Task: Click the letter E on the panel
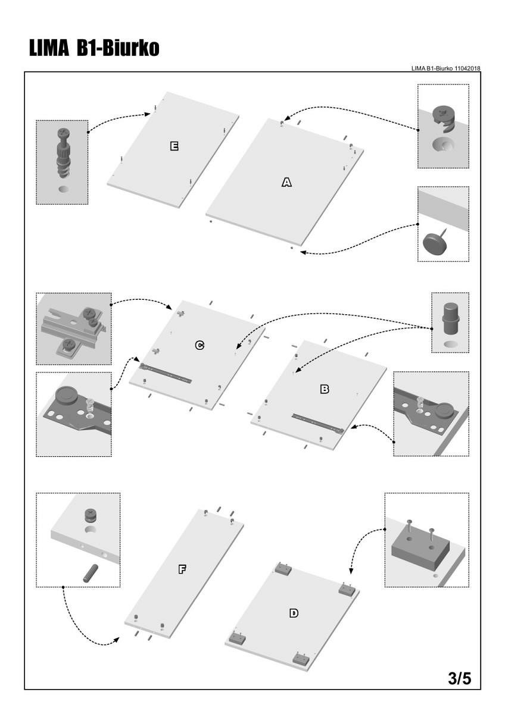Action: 174,146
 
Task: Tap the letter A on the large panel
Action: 286,183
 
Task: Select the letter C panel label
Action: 200,345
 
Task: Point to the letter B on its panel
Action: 325,389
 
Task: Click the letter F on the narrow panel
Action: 182,569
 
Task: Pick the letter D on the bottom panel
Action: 294,612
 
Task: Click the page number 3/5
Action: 459,678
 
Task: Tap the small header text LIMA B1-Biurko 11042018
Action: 445,68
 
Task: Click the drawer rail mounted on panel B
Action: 317,422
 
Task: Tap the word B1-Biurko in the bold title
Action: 118,49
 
